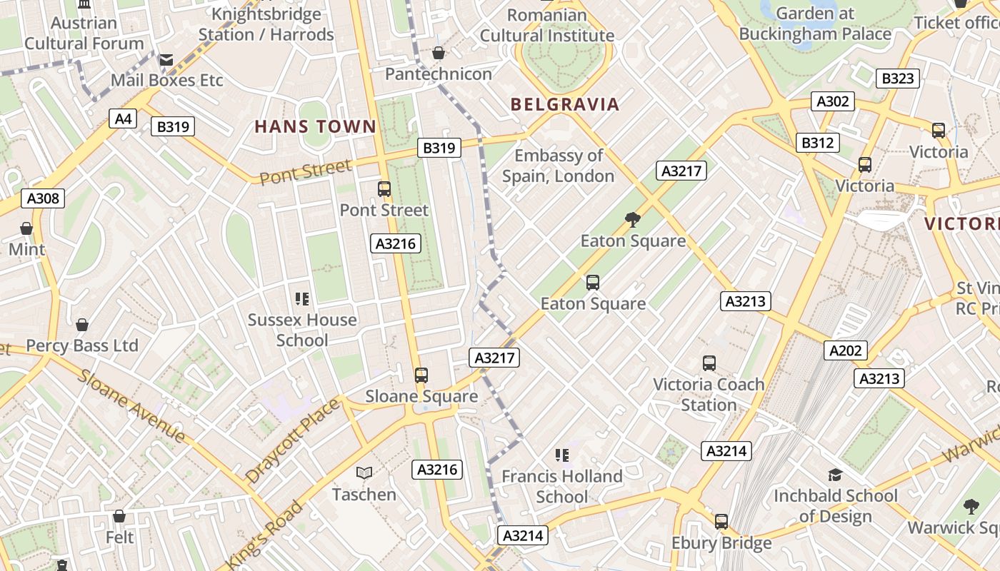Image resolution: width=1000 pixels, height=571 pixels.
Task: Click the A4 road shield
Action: [123, 118]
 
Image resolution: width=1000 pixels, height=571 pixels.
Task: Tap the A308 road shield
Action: [43, 198]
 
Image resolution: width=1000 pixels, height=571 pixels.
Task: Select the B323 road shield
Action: [897, 79]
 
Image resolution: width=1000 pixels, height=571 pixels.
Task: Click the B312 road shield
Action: [817, 143]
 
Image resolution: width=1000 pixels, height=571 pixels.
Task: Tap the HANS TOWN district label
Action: [315, 127]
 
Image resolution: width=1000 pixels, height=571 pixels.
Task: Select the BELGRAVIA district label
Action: [564, 105]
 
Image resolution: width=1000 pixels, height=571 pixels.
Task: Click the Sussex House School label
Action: [302, 330]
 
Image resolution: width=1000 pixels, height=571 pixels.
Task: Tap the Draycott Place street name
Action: [293, 440]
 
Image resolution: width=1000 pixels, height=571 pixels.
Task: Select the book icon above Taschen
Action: [364, 473]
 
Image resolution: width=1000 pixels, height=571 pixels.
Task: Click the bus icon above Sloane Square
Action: [421, 375]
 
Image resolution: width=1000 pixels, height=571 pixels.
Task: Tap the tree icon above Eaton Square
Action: [632, 219]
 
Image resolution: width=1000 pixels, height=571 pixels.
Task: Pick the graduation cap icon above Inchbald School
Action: [835, 475]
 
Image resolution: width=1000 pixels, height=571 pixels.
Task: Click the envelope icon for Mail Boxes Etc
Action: [166, 60]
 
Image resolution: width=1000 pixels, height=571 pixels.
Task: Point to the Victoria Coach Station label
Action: [709, 394]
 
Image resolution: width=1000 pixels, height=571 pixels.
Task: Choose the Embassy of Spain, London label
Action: [559, 166]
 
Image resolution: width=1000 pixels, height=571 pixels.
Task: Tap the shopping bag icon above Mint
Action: [26, 228]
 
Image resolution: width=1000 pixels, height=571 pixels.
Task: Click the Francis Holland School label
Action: [561, 486]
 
